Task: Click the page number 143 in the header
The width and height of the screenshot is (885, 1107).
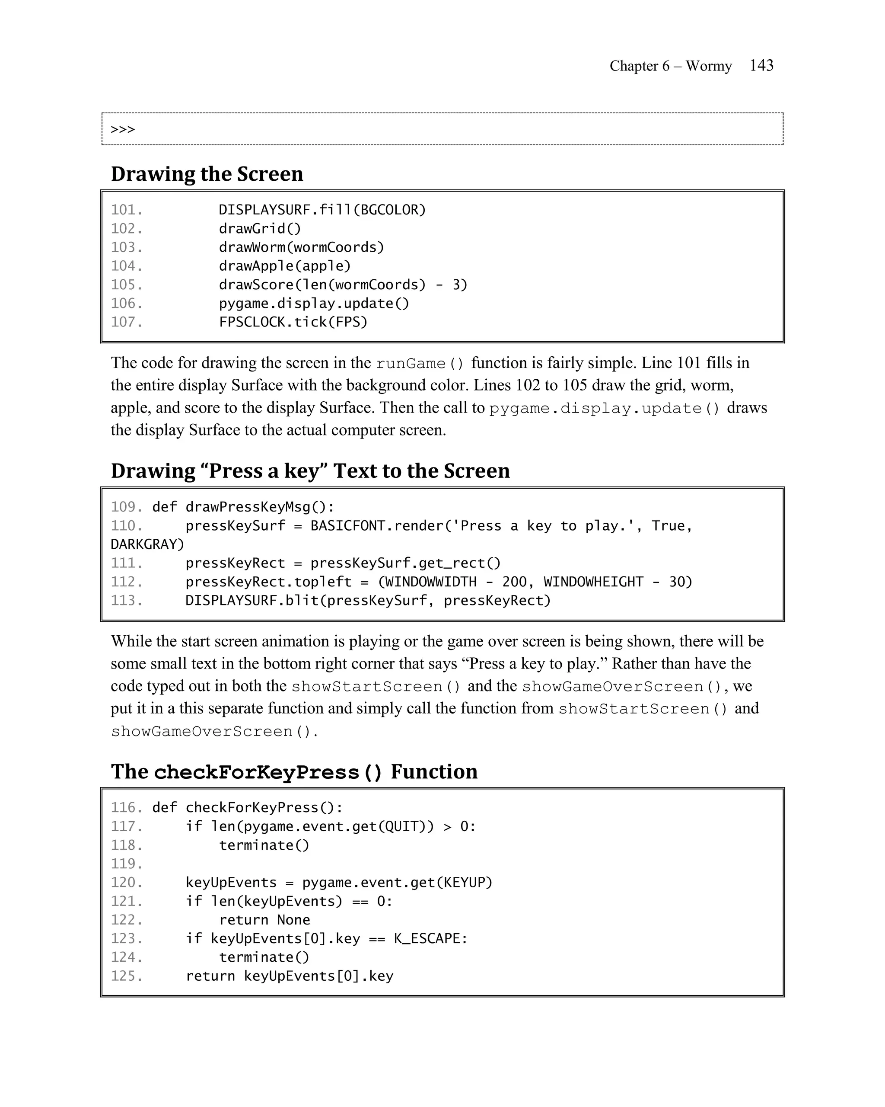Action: [761, 65]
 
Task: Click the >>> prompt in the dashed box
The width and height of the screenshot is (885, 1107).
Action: [123, 129]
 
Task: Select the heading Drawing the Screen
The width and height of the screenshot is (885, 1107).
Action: [207, 174]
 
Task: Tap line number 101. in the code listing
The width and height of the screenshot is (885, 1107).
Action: [126, 210]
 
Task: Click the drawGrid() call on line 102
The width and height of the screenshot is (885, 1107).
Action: [260, 228]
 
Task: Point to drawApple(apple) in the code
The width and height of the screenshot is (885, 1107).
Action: [285, 266]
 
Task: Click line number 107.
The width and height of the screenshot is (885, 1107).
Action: [126, 322]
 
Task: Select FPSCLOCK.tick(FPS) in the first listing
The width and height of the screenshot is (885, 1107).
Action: [293, 322]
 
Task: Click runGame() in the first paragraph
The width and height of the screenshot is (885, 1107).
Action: [419, 364]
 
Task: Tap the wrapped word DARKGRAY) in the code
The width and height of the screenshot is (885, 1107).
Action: [147, 544]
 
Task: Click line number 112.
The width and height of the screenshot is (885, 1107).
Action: [126, 582]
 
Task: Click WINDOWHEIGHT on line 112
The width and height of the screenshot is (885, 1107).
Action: [593, 582]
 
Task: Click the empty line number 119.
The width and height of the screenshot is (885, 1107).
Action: [126, 864]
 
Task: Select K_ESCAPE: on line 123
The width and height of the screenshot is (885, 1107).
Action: [430, 939]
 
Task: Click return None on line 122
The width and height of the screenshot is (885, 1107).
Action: [264, 920]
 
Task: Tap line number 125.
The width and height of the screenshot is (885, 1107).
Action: [126, 976]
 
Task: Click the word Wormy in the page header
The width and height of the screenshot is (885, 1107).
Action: [709, 66]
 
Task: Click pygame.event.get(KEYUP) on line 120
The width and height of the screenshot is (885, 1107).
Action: [397, 883]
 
